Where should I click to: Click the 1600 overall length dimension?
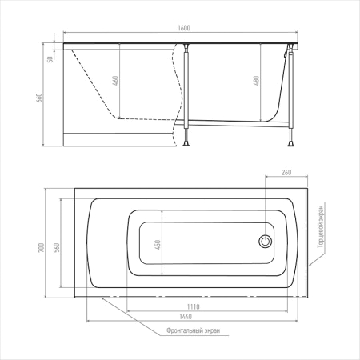[x=184, y=28]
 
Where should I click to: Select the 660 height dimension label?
[x=39, y=98]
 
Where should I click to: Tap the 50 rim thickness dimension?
[x=50, y=59]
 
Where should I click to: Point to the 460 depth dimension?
[x=115, y=81]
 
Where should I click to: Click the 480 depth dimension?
[x=256, y=81]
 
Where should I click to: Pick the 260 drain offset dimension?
[x=286, y=173]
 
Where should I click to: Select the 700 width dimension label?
[x=42, y=248]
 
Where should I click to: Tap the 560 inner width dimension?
[x=57, y=248]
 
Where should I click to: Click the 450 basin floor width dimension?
[x=158, y=245]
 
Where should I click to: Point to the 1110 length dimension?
[x=193, y=307]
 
